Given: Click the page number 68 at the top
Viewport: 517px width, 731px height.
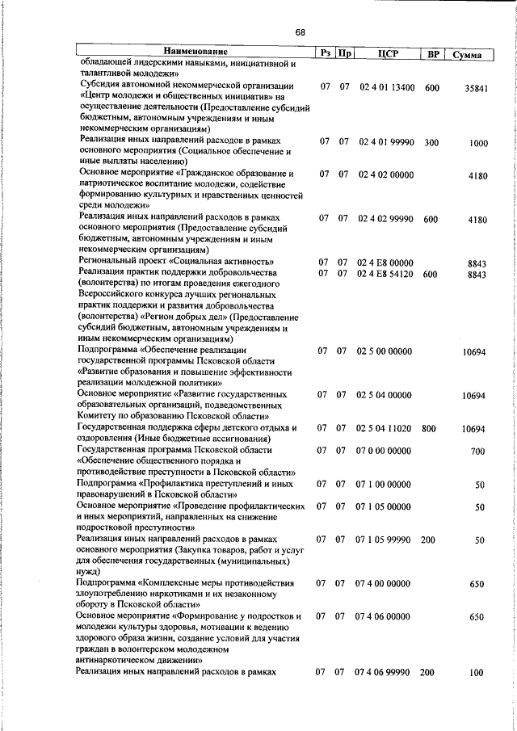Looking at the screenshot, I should tap(301, 32).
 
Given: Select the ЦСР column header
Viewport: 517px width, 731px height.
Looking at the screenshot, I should tap(385, 54).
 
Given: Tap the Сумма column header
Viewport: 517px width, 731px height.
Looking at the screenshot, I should tap(468, 55).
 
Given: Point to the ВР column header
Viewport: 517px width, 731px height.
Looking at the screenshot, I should tap(433, 54).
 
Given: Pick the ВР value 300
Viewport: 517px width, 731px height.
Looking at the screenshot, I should tap(431, 142).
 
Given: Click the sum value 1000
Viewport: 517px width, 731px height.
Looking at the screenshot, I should tap(478, 144).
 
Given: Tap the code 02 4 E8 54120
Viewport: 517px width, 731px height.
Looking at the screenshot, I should tap(386, 274).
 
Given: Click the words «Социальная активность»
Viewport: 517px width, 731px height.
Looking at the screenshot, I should tap(222, 263).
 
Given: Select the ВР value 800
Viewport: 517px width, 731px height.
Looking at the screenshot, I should tap(429, 428).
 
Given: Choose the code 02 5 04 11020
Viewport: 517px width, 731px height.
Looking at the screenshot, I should tap(385, 428).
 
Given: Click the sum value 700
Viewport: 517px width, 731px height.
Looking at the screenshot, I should tap(477, 451).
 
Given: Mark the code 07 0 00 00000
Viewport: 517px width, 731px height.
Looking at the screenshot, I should tap(384, 450).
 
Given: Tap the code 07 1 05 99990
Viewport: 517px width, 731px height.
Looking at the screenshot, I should tap(384, 539).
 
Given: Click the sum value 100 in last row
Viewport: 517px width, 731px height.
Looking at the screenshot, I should tap(476, 673).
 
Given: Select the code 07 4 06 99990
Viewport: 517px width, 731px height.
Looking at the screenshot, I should tap(382, 672).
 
